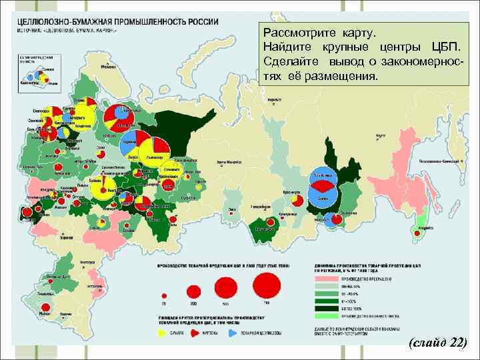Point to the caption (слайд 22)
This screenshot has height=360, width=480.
(x=437, y=343)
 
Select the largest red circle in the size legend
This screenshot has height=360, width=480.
(x=267, y=287)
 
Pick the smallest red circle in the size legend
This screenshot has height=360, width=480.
(x=163, y=295)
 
